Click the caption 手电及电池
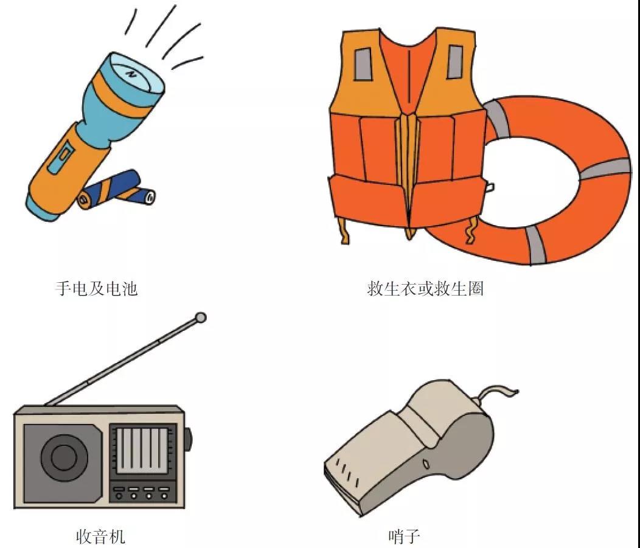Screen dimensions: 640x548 click(x=96, y=288)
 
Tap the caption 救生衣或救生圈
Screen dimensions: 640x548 click(x=425, y=288)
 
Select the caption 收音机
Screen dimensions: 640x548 click(x=100, y=536)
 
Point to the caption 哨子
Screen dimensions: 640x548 click(x=404, y=536)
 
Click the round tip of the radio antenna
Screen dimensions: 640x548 click(x=200, y=317)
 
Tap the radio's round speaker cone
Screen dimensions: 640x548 click(x=64, y=457)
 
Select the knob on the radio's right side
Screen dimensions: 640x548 click(x=187, y=440)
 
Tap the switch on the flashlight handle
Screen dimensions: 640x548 click(x=61, y=156)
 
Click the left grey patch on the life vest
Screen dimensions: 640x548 click(x=363, y=64)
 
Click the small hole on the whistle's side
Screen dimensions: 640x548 click(x=426, y=464)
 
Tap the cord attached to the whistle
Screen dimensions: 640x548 click(x=496, y=393)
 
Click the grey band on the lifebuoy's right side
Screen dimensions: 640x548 click(x=605, y=168)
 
